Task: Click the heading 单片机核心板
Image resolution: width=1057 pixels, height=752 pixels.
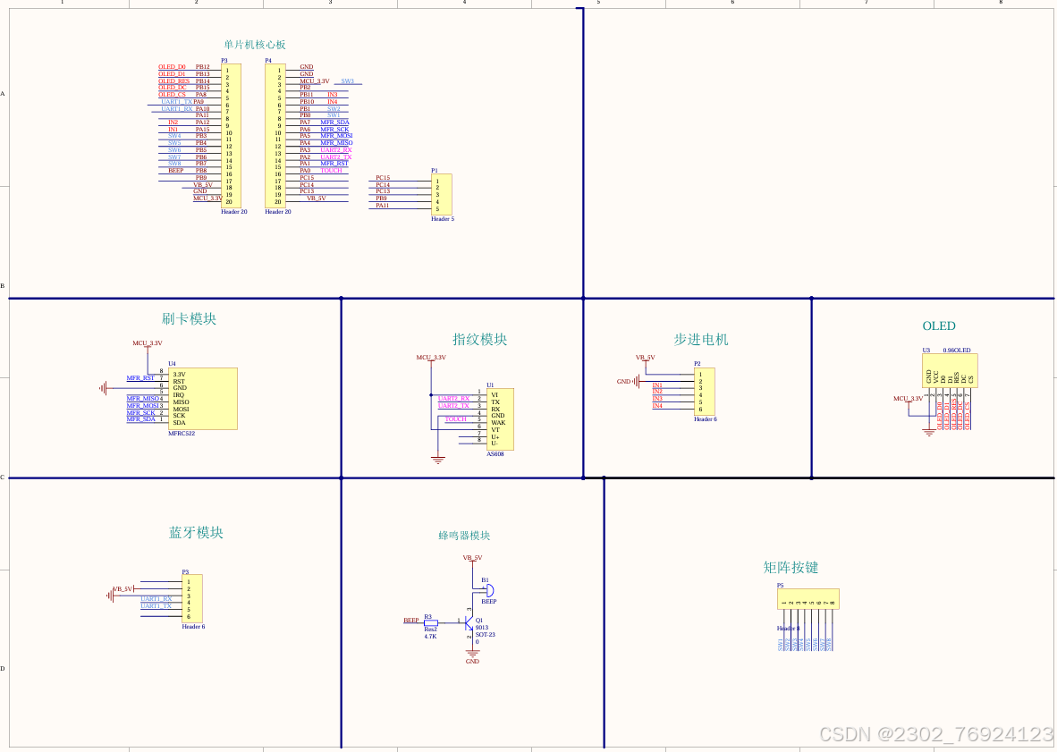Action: point(255,45)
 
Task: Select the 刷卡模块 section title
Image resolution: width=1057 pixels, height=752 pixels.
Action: point(189,319)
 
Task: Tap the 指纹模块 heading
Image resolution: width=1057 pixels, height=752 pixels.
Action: point(479,340)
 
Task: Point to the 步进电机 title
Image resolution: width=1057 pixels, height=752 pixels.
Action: point(701,340)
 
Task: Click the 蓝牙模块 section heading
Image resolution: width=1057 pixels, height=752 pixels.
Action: point(196,533)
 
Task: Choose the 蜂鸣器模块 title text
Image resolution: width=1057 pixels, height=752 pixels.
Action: point(464,536)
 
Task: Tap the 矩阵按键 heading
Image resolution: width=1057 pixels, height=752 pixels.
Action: point(791,568)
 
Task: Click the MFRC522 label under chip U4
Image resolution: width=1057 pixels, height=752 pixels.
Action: point(182,434)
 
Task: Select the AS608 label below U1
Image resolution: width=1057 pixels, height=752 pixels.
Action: point(495,454)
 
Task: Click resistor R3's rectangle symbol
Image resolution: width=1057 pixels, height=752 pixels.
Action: point(430,621)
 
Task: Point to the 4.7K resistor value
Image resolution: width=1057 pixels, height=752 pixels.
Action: point(430,636)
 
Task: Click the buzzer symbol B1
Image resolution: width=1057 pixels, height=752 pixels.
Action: point(487,590)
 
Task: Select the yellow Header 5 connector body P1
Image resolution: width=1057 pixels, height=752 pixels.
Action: point(442,195)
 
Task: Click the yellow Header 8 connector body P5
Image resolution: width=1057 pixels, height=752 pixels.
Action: point(808,598)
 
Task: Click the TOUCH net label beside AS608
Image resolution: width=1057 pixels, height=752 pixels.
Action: point(456,419)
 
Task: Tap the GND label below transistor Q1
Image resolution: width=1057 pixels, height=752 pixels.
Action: point(472,662)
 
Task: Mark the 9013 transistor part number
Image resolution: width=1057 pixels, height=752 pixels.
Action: point(481,627)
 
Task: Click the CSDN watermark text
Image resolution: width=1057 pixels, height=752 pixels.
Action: point(935,734)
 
